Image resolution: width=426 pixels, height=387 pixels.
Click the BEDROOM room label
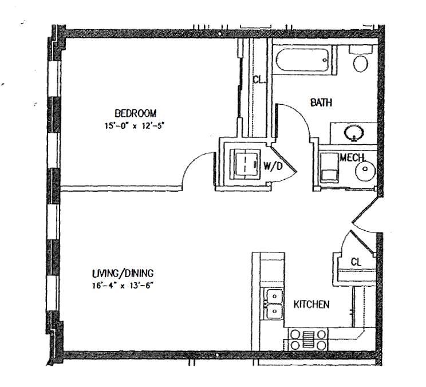click(x=135, y=113)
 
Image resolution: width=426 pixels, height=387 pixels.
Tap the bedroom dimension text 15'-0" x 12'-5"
click(x=135, y=126)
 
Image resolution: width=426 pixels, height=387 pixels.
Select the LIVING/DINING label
click(x=123, y=273)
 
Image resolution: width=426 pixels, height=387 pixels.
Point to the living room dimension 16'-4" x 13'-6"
click(x=123, y=286)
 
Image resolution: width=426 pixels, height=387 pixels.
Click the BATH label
click(x=321, y=102)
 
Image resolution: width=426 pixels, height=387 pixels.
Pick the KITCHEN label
click(x=311, y=304)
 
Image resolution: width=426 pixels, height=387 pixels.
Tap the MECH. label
click(x=352, y=157)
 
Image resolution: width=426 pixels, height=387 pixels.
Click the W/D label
click(x=273, y=166)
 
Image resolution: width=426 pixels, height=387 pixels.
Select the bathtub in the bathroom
click(x=302, y=60)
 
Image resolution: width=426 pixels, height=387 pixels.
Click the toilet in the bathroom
click(x=361, y=59)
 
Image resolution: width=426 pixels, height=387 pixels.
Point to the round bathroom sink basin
click(x=354, y=133)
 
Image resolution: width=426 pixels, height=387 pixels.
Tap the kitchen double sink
click(x=274, y=303)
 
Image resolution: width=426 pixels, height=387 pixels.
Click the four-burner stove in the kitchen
click(x=308, y=339)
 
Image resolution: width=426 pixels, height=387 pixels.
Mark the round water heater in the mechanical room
click(x=365, y=170)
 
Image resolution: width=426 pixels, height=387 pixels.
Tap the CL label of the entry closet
click(x=356, y=262)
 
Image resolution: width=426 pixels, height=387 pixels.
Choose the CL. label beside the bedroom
click(x=258, y=80)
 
